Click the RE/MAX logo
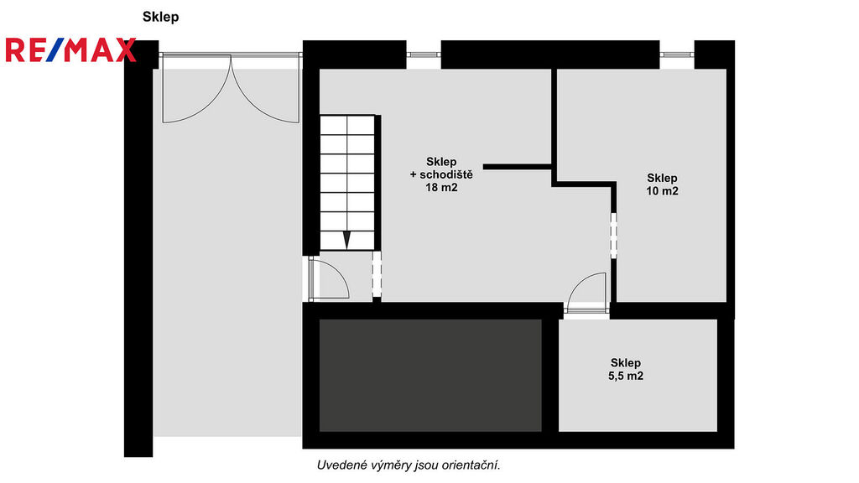point(70,49)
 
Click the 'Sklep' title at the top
point(160,17)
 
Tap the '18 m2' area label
point(441,187)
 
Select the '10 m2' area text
point(663,191)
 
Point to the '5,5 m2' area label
point(626,376)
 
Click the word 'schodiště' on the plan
point(446,174)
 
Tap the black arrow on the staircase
point(346,240)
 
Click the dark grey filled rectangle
point(430,375)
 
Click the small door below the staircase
point(329,278)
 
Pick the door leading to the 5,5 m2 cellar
point(587,293)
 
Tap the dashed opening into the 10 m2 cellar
point(613,235)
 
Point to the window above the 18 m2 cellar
point(424,55)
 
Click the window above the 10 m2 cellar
point(677,55)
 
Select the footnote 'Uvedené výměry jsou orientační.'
point(409,465)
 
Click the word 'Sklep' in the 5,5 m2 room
point(626,362)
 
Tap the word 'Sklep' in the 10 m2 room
point(663,178)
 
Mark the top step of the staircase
point(346,125)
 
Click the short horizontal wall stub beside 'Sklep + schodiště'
point(517,167)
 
